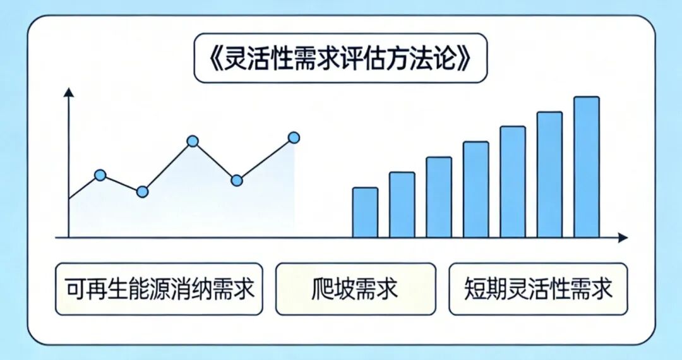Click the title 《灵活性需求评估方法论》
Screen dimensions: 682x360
coord(340,58)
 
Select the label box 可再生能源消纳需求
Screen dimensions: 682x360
coord(159,289)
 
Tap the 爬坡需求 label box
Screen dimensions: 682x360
coord(356,289)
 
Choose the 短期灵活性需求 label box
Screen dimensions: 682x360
coord(538,289)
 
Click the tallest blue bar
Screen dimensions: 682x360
coord(586,167)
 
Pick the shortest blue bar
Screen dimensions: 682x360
coord(365,213)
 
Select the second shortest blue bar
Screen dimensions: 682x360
coord(402,205)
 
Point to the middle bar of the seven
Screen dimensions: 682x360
coord(476,189)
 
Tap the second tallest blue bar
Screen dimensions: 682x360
coord(549,174)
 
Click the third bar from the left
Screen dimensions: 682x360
coord(439,198)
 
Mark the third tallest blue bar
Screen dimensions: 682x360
coord(513,182)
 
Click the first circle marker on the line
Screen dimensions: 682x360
coord(100,175)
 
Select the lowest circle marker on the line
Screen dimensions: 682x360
coord(142,192)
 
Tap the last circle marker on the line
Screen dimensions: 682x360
coord(294,138)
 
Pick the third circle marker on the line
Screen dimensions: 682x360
coord(193,141)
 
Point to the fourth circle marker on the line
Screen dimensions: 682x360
coord(237,181)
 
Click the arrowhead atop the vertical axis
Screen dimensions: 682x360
coord(69,92)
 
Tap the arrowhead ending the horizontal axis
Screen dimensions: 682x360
coord(623,238)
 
